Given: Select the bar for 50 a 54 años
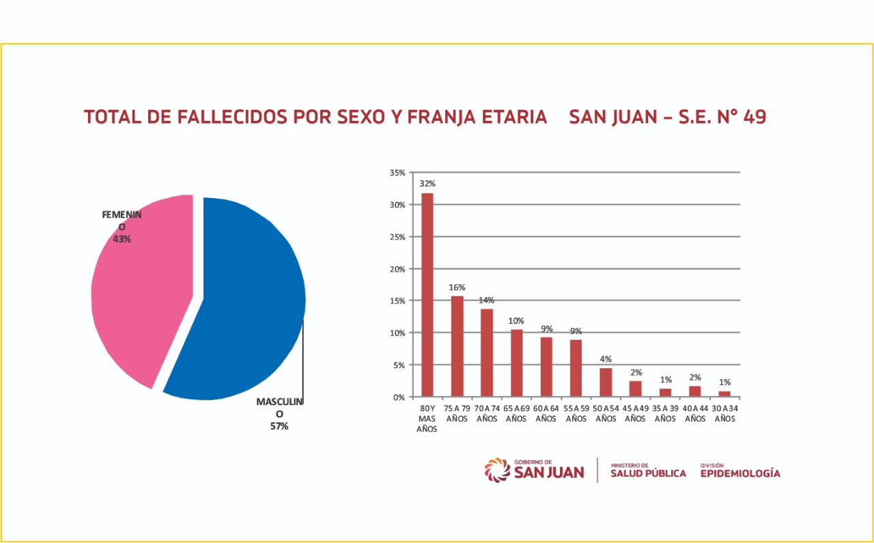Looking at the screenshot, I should tap(605, 382).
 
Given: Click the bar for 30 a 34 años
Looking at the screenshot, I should tap(724, 393).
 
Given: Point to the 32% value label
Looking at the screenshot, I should tap(427, 184).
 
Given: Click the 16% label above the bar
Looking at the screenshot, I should tap(457, 288).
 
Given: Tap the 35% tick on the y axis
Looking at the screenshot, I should tap(397, 173).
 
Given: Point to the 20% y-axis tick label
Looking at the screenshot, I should tap(397, 269).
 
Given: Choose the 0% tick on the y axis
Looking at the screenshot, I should tap(399, 397).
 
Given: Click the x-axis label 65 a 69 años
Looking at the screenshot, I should tap(516, 414).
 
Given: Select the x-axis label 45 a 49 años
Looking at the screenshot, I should tap(635, 414).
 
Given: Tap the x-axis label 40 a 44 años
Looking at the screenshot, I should tap(695, 414).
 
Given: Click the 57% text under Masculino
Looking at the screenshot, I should tap(279, 426).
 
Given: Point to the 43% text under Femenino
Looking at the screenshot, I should tap(122, 239).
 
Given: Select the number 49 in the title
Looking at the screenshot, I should tap(755, 117).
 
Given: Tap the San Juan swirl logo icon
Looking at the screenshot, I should tap(497, 470).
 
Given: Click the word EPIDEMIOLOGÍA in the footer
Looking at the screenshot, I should tap(740, 473).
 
